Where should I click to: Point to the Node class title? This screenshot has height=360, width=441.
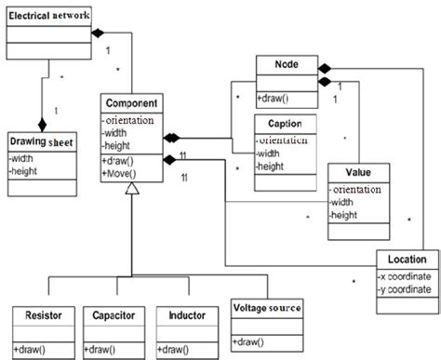(287, 66)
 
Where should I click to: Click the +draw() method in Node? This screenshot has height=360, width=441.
(277, 98)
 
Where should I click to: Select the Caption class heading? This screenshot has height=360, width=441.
(286, 124)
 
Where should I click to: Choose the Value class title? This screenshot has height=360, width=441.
(359, 173)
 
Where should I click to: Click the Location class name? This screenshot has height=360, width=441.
(401, 260)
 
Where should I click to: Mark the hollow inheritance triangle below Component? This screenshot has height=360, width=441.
(133, 189)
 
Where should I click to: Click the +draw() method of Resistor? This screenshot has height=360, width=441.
(31, 350)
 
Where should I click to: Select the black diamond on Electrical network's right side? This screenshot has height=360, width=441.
(95, 33)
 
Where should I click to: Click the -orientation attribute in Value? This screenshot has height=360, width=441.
(361, 190)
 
